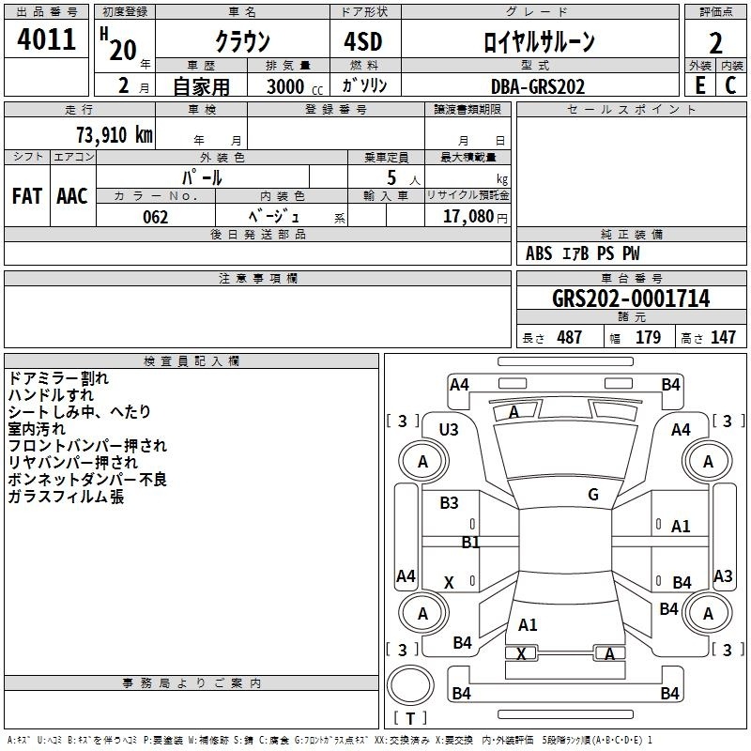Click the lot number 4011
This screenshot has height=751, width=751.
[x=46, y=39]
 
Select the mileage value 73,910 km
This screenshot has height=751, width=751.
[x=115, y=134]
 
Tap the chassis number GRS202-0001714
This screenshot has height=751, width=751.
[x=631, y=299]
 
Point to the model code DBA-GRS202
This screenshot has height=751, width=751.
[x=538, y=86]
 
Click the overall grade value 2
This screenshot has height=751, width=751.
[x=715, y=43]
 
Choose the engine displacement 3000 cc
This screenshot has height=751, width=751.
[x=294, y=86]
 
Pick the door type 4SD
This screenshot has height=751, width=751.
[x=363, y=41]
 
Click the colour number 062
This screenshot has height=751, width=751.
[x=156, y=217]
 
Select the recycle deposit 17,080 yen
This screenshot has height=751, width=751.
[x=475, y=217]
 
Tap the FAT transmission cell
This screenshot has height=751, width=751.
[x=27, y=196]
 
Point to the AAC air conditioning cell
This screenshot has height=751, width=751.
[x=72, y=196]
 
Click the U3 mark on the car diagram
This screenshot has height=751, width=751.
[x=449, y=430]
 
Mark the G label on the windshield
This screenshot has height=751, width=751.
[x=593, y=495]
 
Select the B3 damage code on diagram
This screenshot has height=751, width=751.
[x=449, y=503]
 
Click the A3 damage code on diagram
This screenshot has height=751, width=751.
[x=723, y=575]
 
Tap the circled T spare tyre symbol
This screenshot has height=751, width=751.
[x=410, y=718]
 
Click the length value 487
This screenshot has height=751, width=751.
[x=569, y=337]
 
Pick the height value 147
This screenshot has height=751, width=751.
[x=723, y=337]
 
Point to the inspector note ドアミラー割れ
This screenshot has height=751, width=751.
[x=58, y=378]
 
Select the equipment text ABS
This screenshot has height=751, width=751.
[x=539, y=253]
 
